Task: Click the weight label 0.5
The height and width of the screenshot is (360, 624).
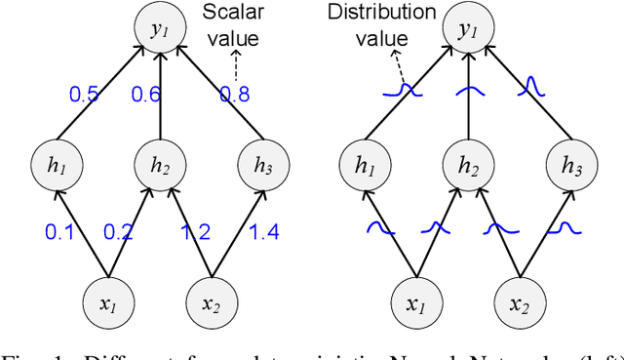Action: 83,95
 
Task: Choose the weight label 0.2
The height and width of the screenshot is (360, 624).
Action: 119,231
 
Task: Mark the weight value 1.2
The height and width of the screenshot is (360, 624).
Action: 195,231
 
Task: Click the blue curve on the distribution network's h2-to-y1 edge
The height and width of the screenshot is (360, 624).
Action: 468,91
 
